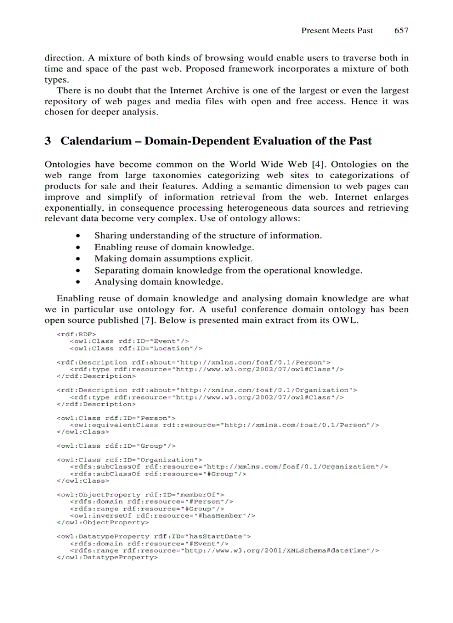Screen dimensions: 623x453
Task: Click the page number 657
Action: pos(401,31)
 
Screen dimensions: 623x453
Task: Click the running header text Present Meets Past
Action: pos(337,31)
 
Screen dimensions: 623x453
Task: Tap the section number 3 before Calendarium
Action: pos(48,141)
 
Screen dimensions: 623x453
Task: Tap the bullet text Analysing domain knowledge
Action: pos(158,282)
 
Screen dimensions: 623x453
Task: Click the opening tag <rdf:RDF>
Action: pos(76,334)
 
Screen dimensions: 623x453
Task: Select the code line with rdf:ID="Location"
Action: pos(135,348)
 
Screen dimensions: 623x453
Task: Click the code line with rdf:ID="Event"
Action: pos(129,341)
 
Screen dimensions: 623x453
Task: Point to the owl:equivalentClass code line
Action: pos(224,424)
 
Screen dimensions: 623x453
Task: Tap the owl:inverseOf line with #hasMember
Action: pos(162,515)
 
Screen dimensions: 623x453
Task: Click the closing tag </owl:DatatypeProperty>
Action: pos(107,558)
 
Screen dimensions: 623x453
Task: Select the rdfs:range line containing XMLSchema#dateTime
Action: pos(224,550)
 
